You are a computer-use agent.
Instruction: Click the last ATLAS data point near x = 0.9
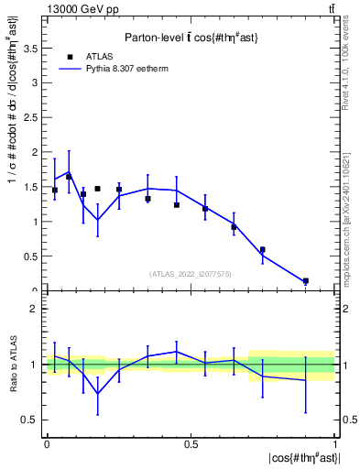pos(306,281)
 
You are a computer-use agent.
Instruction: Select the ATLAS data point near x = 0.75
pos(262,249)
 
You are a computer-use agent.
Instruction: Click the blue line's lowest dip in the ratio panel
pos(97,393)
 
